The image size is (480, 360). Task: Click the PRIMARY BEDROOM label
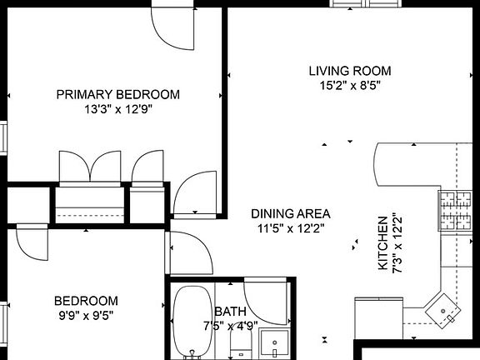pyautogui.click(x=118, y=95)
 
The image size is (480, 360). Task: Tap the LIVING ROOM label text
pyautogui.click(x=350, y=71)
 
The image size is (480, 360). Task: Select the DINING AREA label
pyautogui.click(x=291, y=213)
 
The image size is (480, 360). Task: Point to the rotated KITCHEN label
pyautogui.click(x=383, y=243)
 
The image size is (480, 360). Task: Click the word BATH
pyautogui.click(x=231, y=312)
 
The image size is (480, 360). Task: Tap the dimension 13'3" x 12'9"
pyautogui.click(x=118, y=109)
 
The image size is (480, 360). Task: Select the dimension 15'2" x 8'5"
pyautogui.click(x=350, y=85)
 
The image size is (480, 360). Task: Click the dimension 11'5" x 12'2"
pyautogui.click(x=291, y=228)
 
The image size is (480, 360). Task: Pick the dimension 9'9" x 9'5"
pyautogui.click(x=86, y=315)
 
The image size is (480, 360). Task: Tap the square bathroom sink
pyautogui.click(x=274, y=342)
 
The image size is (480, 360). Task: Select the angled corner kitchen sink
pyautogui.click(x=443, y=311)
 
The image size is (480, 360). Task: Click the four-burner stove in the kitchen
pyautogui.click(x=455, y=211)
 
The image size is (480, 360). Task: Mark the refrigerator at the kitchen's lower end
pyautogui.click(x=378, y=317)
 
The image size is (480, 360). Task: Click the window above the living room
pyautogui.click(x=366, y=3)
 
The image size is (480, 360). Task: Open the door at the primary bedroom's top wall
pyautogui.click(x=173, y=27)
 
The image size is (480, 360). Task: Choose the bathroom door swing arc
pyautogui.click(x=267, y=303)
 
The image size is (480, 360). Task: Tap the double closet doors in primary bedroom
pyautogui.click(x=90, y=167)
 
